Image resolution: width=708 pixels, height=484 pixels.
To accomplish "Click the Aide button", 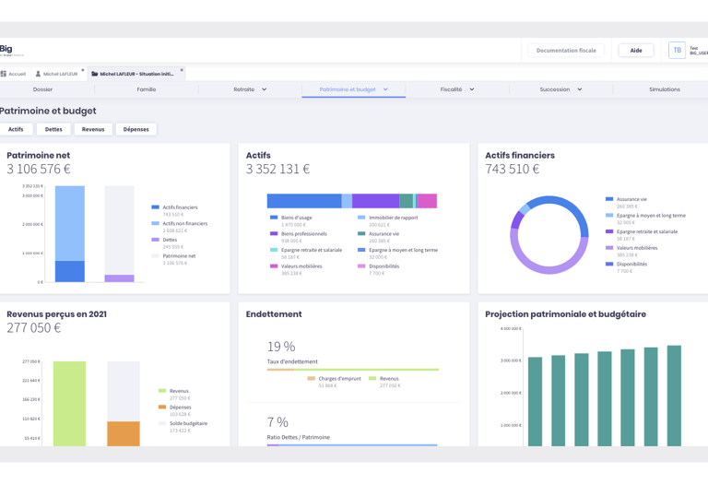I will point(635,51).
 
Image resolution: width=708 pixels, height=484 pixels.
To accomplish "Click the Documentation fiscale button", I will point(566,51).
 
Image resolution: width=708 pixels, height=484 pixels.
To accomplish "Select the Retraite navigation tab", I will point(250,89).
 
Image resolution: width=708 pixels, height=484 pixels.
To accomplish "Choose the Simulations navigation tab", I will point(664,89).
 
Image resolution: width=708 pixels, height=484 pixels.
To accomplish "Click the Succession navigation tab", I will point(560,89).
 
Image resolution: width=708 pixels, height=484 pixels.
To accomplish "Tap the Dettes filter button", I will point(53,129).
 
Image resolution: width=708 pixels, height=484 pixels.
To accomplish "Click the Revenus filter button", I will point(93,129).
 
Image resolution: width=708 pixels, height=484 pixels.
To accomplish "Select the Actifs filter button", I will point(16,129).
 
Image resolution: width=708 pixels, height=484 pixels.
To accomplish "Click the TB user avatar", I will point(677,51).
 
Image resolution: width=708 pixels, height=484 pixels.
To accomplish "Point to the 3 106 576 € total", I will point(39,170).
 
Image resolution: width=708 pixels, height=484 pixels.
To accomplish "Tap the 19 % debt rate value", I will point(281,347).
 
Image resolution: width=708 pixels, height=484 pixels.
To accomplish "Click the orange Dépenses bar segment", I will point(124,434).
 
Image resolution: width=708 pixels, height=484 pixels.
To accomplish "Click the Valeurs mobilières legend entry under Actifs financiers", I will point(636,248).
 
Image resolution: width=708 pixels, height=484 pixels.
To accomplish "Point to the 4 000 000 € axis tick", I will point(511,328).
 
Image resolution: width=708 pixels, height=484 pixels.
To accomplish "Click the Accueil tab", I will point(14,74).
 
